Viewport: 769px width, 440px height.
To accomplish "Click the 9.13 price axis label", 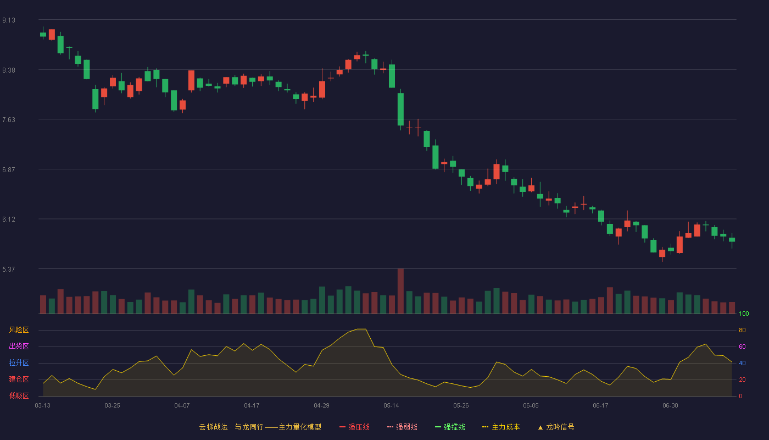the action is coord(9,20).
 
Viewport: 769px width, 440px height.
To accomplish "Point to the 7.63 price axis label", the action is coord(9,120).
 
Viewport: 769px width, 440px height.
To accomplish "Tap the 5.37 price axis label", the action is coord(9,269).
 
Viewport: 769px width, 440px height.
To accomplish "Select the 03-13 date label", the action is coord(43,406).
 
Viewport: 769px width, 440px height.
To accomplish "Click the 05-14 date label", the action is coord(391,406).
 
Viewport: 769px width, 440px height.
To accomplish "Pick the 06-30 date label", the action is coord(670,406).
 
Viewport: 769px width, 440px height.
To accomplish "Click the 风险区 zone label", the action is coord(19,329).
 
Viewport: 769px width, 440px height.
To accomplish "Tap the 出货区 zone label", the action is coord(19,346).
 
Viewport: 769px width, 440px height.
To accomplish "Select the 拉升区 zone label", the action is coord(19,362).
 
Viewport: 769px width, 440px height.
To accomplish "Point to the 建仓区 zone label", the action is coord(19,379).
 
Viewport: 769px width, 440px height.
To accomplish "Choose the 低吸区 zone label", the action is coord(19,395).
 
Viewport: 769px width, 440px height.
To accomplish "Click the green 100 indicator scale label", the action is coord(744,313).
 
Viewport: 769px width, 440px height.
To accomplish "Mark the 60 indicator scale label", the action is coord(742,346).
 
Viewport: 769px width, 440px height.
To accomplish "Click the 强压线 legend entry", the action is coord(354,427).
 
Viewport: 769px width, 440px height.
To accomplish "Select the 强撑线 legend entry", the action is coord(450,427).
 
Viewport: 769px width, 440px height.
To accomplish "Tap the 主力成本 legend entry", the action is coord(501,427).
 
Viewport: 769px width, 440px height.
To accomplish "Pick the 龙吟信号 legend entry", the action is coord(556,427).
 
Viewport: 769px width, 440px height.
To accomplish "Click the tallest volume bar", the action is coord(400,291).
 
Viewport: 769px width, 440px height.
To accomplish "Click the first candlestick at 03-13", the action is coord(43,34).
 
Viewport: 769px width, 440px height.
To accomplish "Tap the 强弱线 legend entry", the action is coord(402,427).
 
